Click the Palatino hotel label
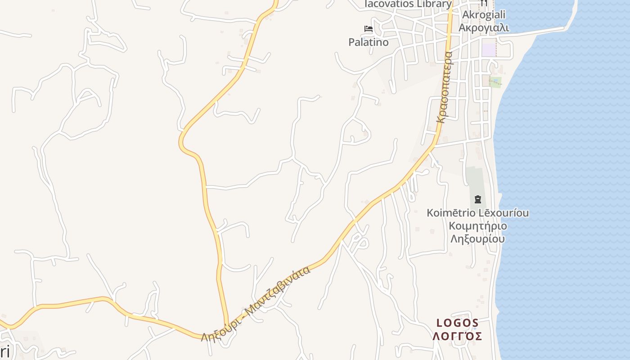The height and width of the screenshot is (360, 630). [368, 42]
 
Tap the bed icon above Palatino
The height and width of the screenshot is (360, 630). [369, 29]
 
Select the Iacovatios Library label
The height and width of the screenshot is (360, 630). [407, 4]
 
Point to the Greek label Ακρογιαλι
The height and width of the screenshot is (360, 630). [483, 28]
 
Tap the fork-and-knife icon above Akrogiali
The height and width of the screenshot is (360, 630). [484, 3]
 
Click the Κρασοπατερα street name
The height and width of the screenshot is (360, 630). [444, 88]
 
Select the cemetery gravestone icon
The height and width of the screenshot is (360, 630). [477, 199]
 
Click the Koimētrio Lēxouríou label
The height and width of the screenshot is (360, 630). [477, 213]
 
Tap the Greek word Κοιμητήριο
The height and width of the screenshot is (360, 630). [477, 226]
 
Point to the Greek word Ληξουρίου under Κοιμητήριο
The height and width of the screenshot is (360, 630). [477, 238]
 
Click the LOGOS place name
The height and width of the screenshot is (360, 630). [457, 323]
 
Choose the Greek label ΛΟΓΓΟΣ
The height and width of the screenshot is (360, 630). [457, 336]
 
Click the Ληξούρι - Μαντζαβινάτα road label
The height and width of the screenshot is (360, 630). [256, 304]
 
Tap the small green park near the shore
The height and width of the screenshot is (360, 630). [495, 82]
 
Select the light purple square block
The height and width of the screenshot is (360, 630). [488, 48]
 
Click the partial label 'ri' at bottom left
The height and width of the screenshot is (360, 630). [4, 351]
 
